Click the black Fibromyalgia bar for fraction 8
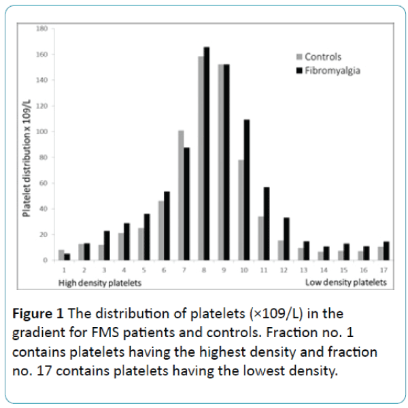tap(207, 153)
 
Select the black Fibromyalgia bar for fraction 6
tap(167, 225)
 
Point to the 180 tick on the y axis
tap(41, 29)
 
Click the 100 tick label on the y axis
tap(41, 131)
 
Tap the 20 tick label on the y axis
tap(43, 234)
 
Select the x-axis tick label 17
tap(384, 270)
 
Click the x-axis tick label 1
tap(63, 270)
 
